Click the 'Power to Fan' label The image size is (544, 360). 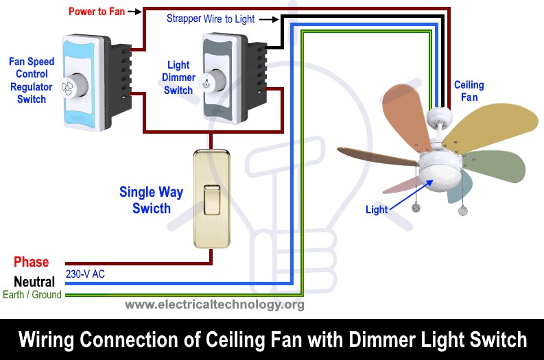(x=96, y=12)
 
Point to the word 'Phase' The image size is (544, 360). (x=32, y=262)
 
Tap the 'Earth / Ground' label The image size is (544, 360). (x=31, y=295)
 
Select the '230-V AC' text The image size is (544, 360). (x=86, y=274)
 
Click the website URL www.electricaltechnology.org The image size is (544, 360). (x=215, y=304)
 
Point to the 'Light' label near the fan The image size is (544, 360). (x=377, y=209)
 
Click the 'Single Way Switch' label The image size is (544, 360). (x=151, y=200)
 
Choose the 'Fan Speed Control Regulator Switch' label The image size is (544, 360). (x=32, y=80)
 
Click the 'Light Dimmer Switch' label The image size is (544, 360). (x=178, y=77)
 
